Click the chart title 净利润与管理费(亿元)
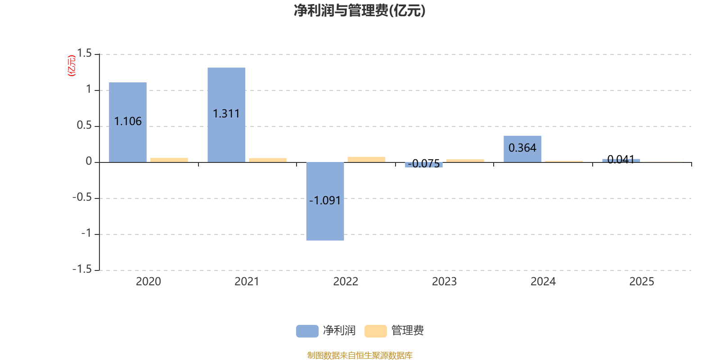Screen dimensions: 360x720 pos(360,10)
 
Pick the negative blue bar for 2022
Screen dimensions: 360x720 pos(325,220)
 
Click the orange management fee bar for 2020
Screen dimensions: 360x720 pos(169,159)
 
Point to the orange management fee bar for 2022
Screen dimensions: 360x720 pos(366,159)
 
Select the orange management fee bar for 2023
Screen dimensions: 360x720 pos(465,160)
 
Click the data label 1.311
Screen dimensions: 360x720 pos(226,113)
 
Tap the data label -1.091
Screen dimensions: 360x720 pos(325,200)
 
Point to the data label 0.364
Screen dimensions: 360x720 pos(522,148)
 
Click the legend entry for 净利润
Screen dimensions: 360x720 pos(326,331)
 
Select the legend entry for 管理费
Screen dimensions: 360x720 pos(394,331)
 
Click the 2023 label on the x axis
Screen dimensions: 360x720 pos(444,281)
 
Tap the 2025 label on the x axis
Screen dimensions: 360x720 pos(641,281)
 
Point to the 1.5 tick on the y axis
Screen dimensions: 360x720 pos(84,54)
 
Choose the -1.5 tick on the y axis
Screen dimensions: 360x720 pos(82,269)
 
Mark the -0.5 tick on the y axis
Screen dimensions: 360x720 pos(82,197)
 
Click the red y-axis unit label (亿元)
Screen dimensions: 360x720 pos(71,66)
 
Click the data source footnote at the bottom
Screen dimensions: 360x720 pos(360,355)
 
